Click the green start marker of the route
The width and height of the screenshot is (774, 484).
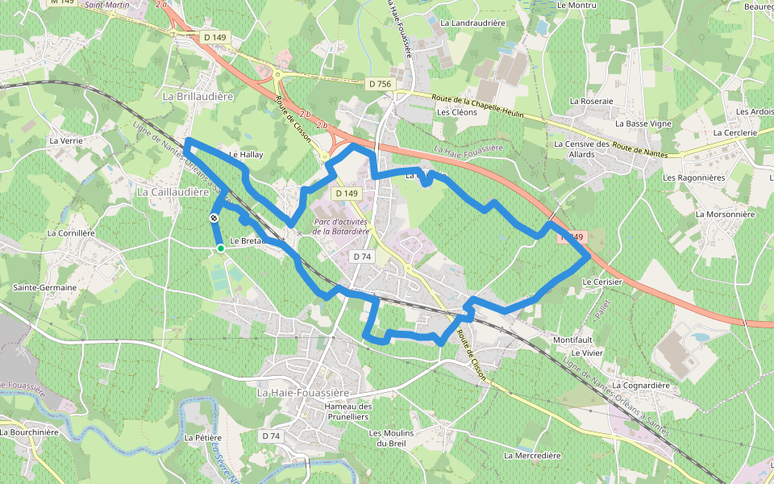[x=220, y=249]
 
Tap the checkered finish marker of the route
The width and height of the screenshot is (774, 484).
[x=214, y=218]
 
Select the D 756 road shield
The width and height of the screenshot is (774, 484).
[x=379, y=84]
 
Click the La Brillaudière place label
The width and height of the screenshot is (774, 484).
[x=198, y=96]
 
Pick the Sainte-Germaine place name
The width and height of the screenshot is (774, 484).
[x=44, y=287]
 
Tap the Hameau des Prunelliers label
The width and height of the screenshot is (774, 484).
[x=347, y=411]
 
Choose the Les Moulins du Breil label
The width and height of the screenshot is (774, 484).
[x=392, y=438]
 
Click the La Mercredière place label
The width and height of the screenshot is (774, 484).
[x=532, y=455]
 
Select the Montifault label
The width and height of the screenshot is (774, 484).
[x=573, y=340]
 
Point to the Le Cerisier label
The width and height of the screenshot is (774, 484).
[x=601, y=282]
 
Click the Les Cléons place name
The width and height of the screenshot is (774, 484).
[x=457, y=112]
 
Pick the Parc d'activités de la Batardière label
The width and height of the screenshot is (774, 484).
[x=341, y=226]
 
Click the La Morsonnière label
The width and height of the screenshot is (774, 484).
[x=725, y=215]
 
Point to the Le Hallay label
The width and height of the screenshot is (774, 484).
[x=246, y=153]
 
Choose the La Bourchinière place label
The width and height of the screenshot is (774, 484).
[x=30, y=432]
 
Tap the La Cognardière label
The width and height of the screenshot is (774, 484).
[x=641, y=386]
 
